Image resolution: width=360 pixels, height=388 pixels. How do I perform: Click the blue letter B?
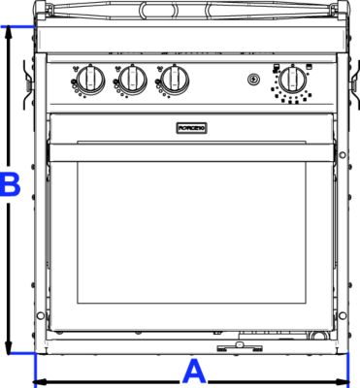9,184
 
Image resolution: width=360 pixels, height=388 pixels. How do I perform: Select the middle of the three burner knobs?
132,78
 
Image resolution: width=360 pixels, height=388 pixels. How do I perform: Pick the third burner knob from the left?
175,78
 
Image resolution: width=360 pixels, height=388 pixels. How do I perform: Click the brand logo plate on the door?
190,127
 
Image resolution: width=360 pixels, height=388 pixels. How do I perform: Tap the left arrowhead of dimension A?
40,381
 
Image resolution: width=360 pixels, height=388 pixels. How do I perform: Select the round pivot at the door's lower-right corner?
342,315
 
